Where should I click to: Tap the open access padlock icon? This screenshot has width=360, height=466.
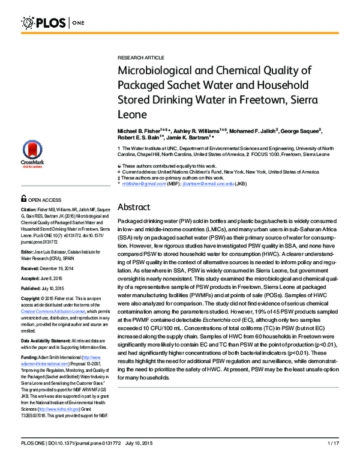point(24,198)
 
